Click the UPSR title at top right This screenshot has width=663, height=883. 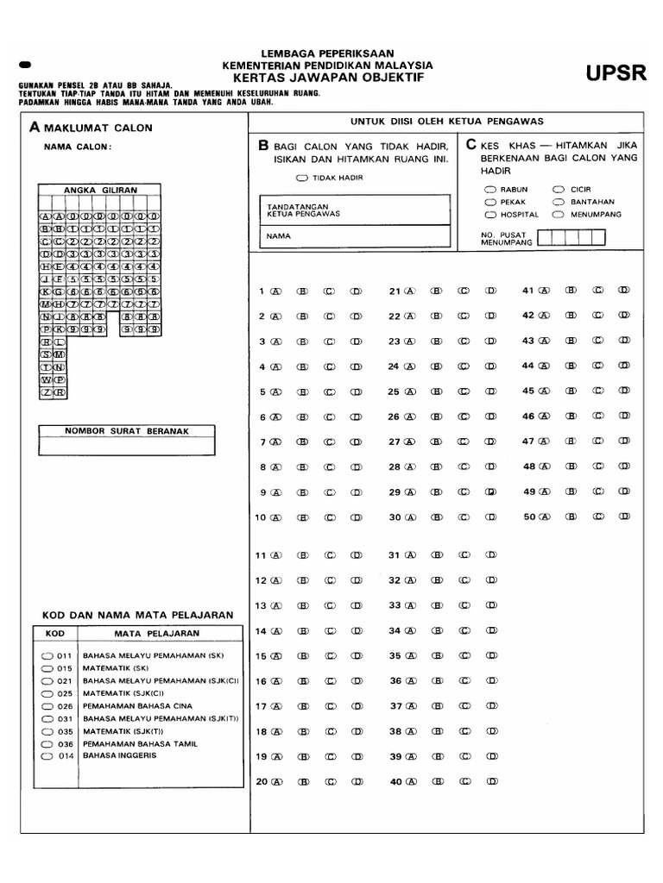[616, 73]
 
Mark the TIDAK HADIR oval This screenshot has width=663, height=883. [300, 178]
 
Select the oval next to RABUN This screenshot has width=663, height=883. [490, 189]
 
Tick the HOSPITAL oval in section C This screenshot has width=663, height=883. [490, 214]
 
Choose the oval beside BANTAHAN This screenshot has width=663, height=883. [559, 201]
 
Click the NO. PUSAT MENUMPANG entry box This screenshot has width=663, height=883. [565, 238]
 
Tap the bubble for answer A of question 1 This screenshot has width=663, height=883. [276, 291]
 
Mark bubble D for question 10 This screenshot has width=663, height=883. [356, 518]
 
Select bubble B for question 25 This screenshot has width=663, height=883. [438, 391]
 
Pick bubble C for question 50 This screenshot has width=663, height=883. [597, 517]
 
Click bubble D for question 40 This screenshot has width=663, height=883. [489, 783]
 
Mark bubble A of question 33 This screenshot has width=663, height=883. [411, 605]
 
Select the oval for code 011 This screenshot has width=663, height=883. [47, 655]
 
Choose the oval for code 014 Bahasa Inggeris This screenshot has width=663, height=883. [47, 755]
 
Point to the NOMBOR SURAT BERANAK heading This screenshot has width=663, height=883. [127, 430]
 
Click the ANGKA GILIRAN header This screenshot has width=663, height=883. [100, 190]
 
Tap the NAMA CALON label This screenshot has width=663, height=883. [78, 147]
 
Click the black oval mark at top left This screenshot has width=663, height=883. [23, 65]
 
